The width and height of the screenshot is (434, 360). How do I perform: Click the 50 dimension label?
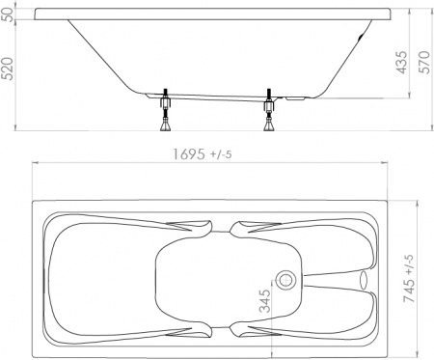(x=9, y=14)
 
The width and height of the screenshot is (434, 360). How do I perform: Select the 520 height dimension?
(x=8, y=69)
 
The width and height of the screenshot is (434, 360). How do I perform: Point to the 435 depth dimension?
(x=402, y=62)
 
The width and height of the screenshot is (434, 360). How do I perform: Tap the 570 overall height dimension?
(x=425, y=62)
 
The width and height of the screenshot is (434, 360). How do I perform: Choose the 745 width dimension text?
(x=409, y=278)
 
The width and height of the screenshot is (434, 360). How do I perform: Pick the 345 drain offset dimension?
(x=265, y=301)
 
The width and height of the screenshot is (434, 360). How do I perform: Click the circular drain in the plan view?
(x=285, y=279)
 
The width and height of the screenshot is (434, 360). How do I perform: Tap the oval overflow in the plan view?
(x=364, y=279)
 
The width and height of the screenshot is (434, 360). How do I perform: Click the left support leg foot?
(x=166, y=125)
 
